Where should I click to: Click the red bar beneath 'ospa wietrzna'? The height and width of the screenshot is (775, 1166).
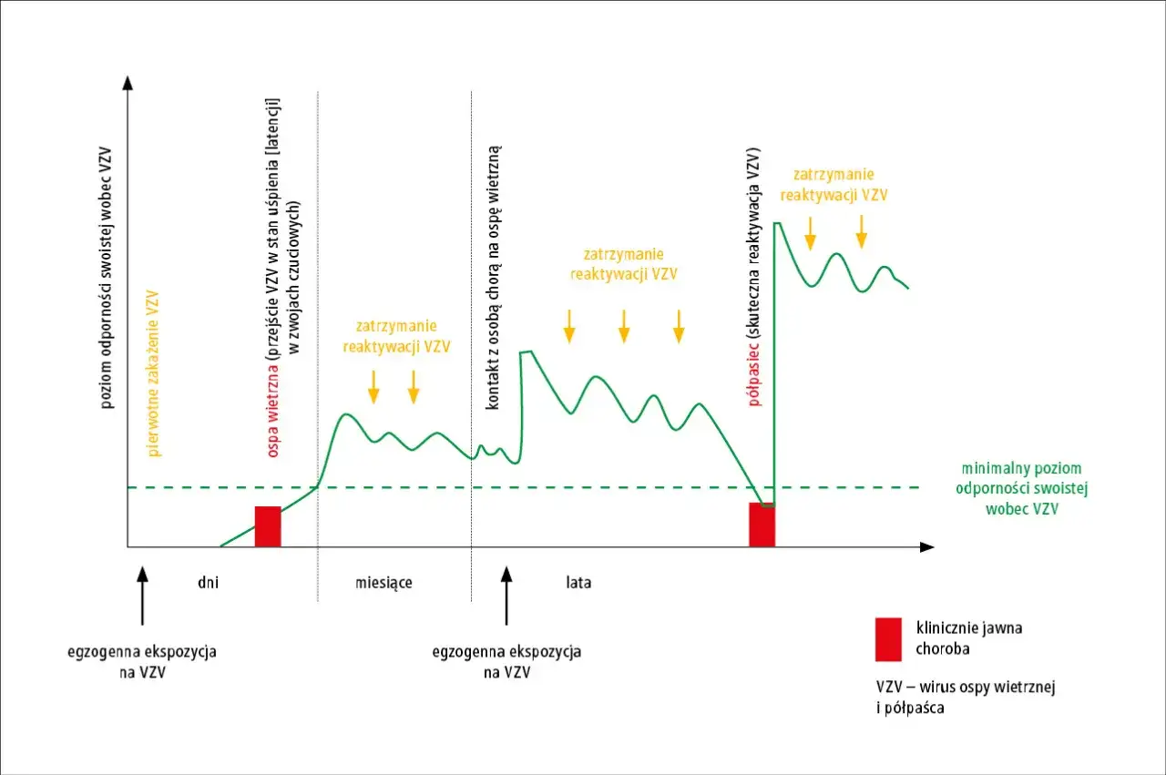pyautogui.click(x=268, y=526)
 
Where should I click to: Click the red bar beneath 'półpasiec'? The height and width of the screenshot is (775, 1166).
pyautogui.click(x=762, y=525)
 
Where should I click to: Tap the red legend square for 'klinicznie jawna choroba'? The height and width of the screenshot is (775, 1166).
pyautogui.click(x=888, y=639)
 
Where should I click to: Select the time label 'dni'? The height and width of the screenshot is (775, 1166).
pyautogui.click(x=209, y=582)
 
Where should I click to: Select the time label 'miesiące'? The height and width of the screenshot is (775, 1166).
pyautogui.click(x=384, y=583)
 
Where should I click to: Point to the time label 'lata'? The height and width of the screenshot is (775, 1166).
pyautogui.click(x=578, y=582)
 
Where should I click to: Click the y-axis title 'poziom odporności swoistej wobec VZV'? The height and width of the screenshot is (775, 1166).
pyautogui.click(x=106, y=278)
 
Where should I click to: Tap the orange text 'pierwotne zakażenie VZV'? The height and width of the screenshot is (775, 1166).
pyautogui.click(x=152, y=373)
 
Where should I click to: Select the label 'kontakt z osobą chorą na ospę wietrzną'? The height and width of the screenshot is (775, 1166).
pyautogui.click(x=493, y=278)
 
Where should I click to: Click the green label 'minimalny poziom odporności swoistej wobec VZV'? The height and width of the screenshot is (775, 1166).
pyautogui.click(x=1021, y=488)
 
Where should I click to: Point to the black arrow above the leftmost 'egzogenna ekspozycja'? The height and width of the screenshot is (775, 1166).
pyautogui.click(x=142, y=596)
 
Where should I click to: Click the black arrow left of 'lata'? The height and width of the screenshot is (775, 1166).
pyautogui.click(x=506, y=596)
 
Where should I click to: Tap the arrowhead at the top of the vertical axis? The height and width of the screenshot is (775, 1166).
pyautogui.click(x=128, y=83)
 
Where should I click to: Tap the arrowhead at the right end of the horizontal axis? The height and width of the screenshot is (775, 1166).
pyautogui.click(x=927, y=547)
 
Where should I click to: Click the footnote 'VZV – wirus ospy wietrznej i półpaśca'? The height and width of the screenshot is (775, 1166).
pyautogui.click(x=966, y=697)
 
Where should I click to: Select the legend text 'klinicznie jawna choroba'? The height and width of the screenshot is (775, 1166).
pyautogui.click(x=968, y=638)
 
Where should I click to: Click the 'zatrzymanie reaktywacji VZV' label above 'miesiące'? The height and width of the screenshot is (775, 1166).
pyautogui.click(x=396, y=336)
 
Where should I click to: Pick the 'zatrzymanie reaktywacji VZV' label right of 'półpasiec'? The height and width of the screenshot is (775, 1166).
pyautogui.click(x=834, y=184)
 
